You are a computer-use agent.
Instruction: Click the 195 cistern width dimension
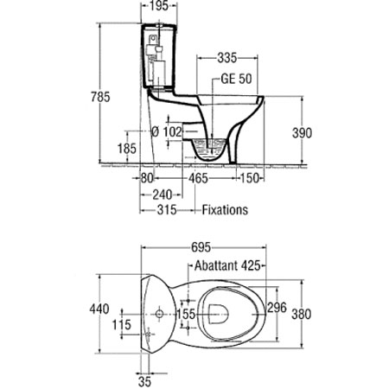[159, 6]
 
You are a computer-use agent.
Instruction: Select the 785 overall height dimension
[100, 97]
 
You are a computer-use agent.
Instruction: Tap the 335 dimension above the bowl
[227, 58]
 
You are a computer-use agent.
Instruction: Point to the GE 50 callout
[236, 79]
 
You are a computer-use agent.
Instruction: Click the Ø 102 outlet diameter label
[167, 132]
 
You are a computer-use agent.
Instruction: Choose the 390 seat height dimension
[302, 133]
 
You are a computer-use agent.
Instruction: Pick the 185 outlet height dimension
[127, 149]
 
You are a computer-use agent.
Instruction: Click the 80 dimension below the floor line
[147, 178]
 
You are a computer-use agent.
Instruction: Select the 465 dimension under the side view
[198, 178]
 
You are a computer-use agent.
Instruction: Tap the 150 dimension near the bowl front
[250, 178]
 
